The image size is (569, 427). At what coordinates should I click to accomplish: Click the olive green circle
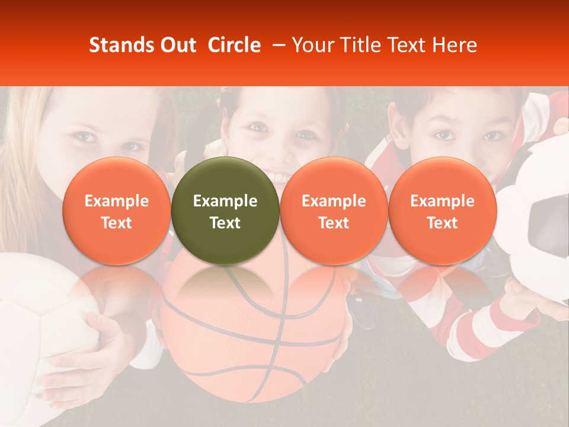pyautogui.click(x=225, y=211)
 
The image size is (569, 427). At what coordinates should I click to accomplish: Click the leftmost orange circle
pyautogui.click(x=116, y=211)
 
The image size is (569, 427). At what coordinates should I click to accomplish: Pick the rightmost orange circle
pyautogui.click(x=442, y=211)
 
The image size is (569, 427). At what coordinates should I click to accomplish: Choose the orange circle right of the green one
pyautogui.click(x=334, y=211)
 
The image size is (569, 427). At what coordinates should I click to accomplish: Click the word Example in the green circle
pyautogui.click(x=225, y=201)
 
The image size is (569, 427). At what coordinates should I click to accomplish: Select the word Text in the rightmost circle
pyautogui.click(x=442, y=222)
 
